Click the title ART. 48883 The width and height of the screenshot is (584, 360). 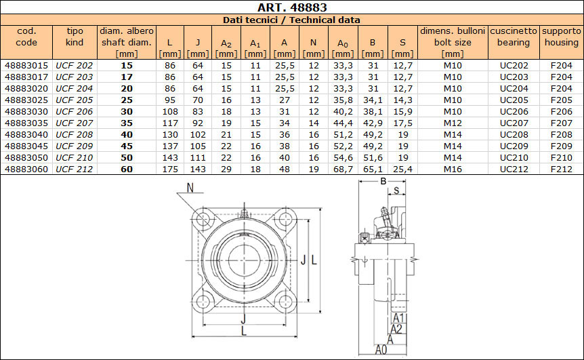pos(292,7)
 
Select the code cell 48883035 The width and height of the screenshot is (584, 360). pos(26,123)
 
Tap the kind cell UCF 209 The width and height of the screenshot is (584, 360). pos(74,146)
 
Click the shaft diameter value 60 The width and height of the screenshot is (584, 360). pos(127,169)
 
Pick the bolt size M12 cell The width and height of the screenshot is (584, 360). pos(453,123)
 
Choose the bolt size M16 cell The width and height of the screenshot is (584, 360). pos(453,169)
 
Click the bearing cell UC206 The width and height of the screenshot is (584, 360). pos(514,111)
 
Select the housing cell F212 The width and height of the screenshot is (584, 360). pos(561,169)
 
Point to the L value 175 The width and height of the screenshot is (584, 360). pos(170,169)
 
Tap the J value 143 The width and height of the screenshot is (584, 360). pos(198,169)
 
